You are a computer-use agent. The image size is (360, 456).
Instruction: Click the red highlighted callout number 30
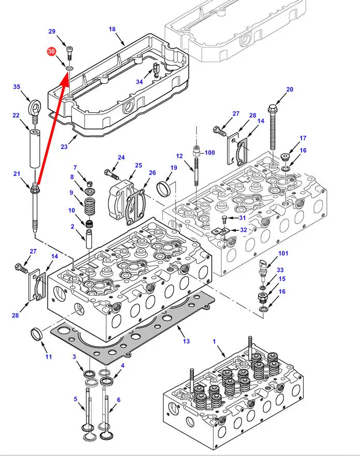pyautogui.click(x=51, y=52)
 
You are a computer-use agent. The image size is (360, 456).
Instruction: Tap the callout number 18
pyautogui.click(x=112, y=30)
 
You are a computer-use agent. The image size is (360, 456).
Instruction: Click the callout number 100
pyautogui.click(x=209, y=153)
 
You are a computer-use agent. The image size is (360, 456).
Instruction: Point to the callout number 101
pyautogui.click(x=283, y=254)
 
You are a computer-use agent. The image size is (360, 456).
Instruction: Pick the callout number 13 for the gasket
pyautogui.click(x=186, y=341)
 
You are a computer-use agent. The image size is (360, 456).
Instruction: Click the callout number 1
pyautogui.click(x=214, y=341)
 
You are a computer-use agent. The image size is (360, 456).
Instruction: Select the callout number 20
pyautogui.click(x=290, y=90)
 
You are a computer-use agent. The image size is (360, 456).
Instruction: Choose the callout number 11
pyautogui.click(x=49, y=357)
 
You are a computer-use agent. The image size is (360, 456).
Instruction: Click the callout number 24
pyautogui.click(x=121, y=157)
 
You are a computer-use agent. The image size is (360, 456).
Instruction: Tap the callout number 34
pyautogui.click(x=139, y=81)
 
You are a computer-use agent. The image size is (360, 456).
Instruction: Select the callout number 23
pyautogui.click(x=64, y=146)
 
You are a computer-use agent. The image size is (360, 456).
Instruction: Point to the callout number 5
pyautogui.click(x=75, y=399)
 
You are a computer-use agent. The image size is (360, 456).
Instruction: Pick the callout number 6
pyautogui.click(x=118, y=400)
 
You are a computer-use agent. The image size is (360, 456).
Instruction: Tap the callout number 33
pyautogui.click(x=280, y=270)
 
